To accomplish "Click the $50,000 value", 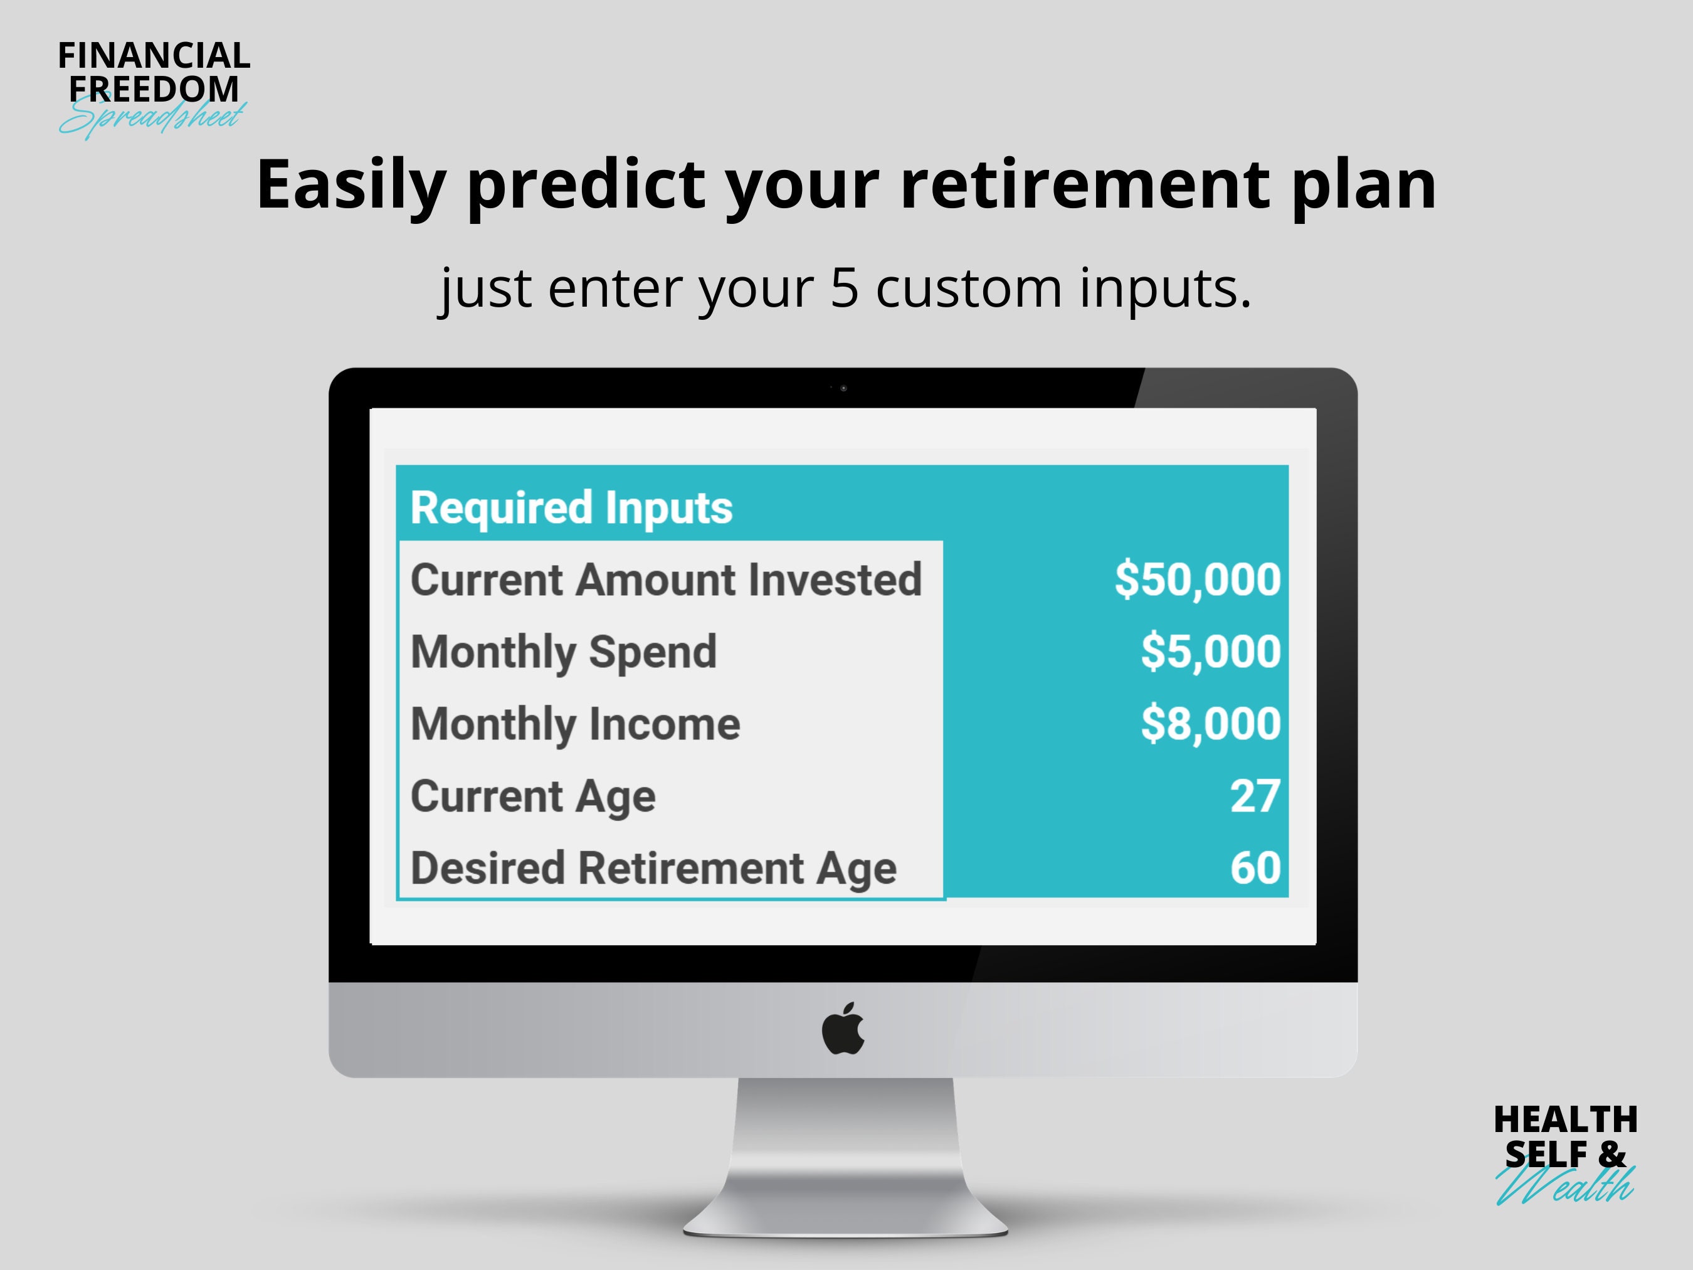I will [1197, 579].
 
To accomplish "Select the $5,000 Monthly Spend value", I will [1210, 652].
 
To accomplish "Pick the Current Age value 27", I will [1255, 796].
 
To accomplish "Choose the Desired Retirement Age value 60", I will [1255, 868].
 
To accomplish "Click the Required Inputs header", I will [571, 507].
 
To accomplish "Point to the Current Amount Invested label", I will [666, 579].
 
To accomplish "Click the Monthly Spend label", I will [563, 652].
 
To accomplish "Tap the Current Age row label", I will [533, 796].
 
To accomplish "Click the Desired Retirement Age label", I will [653, 868].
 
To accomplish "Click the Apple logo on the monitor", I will [843, 1030].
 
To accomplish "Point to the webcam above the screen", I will [843, 388].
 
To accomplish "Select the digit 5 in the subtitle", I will [843, 288].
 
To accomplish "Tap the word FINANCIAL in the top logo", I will [154, 56].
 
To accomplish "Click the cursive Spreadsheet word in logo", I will [153, 119].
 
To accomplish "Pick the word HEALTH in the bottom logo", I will [1565, 1120].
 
